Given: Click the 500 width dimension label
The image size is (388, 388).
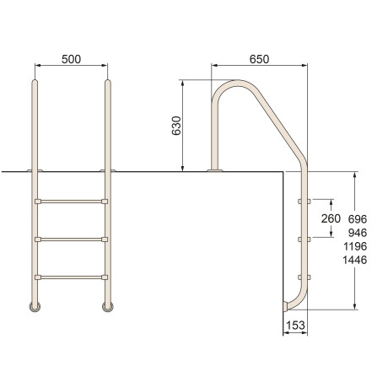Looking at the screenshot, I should pos(71,60).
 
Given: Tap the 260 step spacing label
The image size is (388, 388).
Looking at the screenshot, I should pos(331,219).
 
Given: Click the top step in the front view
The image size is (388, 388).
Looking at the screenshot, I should pos(71,202).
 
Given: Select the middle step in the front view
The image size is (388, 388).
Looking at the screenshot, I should pos(71,240).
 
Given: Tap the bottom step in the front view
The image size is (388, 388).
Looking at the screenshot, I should pos(71,277).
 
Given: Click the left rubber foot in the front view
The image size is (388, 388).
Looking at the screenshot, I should pos(35,307).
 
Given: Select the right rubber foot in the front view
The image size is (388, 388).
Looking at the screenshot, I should pos(108,307).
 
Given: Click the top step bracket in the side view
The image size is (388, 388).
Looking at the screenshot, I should pos(304,202).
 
